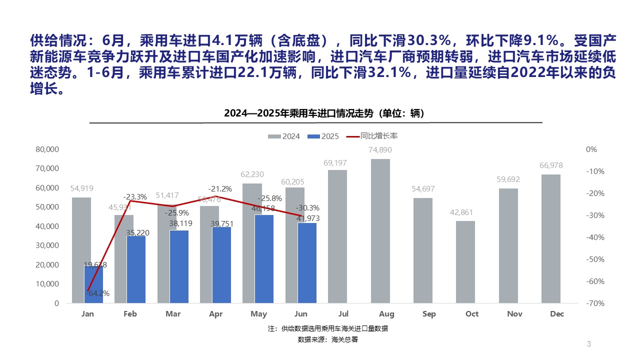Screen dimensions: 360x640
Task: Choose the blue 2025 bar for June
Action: pos(307,262)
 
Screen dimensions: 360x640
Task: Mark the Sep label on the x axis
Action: pos(429,314)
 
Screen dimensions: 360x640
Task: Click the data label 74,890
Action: pos(380,150)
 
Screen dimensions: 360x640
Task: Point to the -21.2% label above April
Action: pos(220,188)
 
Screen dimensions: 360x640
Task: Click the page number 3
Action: pos(588,344)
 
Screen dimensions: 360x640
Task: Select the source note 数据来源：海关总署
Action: pos(328,339)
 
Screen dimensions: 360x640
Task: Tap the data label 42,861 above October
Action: pos(465,212)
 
